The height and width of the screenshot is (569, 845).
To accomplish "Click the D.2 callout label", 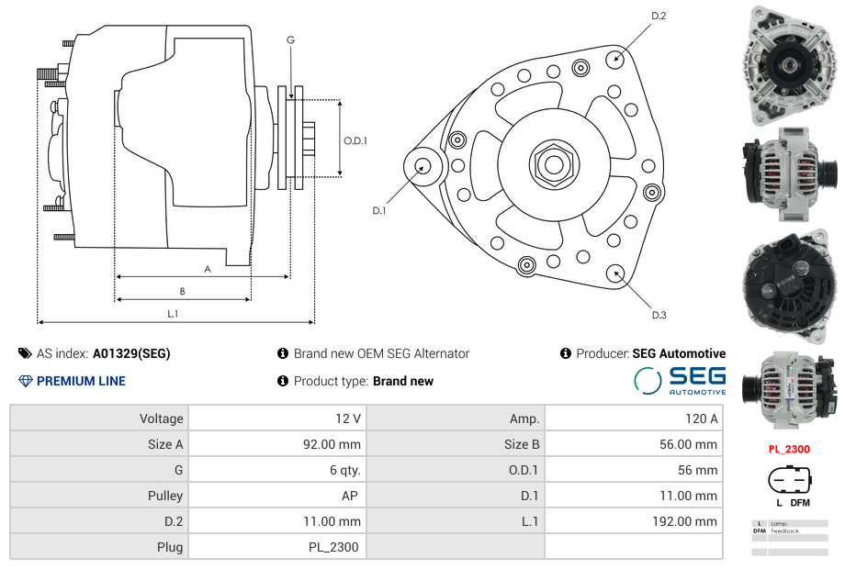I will tap(659, 16).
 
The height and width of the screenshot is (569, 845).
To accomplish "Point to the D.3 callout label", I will tap(659, 315).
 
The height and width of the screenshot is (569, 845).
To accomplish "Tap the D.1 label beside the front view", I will tap(378, 211).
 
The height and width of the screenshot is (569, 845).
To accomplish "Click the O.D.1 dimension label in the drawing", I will tap(355, 140).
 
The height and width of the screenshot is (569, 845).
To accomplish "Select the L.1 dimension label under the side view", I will tap(173, 313).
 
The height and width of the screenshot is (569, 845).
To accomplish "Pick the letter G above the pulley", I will tap(290, 39).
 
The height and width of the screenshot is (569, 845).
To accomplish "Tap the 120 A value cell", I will tap(634, 418).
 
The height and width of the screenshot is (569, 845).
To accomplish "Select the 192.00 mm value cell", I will tap(634, 521).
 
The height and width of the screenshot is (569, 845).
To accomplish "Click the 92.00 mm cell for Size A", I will tap(276, 444).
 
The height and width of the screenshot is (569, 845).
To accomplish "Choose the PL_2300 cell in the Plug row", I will tap(276, 547).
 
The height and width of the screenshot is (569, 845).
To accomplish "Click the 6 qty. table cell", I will tap(276, 470).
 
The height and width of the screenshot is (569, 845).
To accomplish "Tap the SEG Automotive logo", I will tap(681, 380).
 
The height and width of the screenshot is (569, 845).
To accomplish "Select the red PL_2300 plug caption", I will tap(789, 450).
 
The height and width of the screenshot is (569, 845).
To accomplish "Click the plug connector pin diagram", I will tap(789, 481).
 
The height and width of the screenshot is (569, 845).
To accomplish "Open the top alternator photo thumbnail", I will tap(789, 66).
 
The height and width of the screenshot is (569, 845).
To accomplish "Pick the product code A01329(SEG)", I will tap(131, 353).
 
